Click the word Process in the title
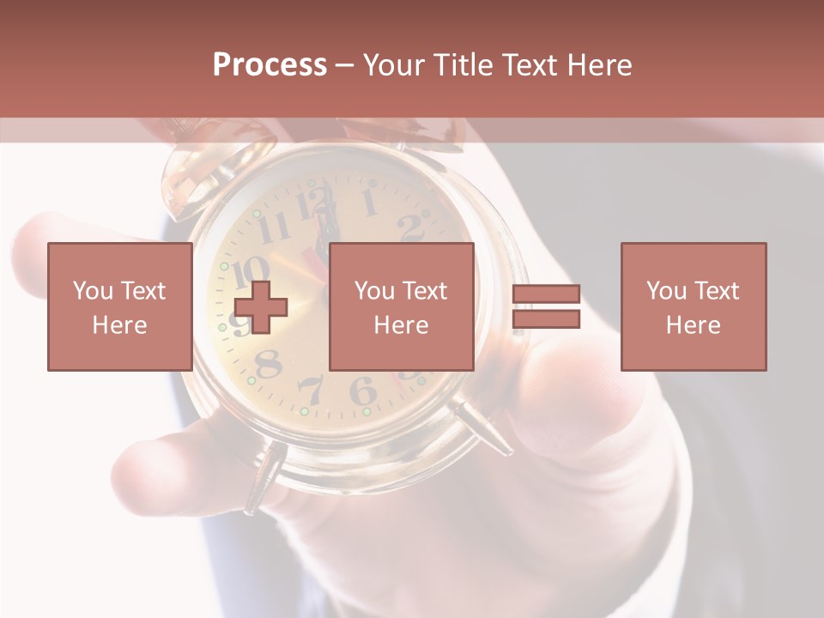270,65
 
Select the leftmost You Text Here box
119,306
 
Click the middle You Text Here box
401,306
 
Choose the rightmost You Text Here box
693,306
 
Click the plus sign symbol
260,306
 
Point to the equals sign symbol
546,306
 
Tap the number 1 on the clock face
369,203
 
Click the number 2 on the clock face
411,227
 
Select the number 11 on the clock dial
274,228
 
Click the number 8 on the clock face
270,364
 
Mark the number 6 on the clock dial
362,391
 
